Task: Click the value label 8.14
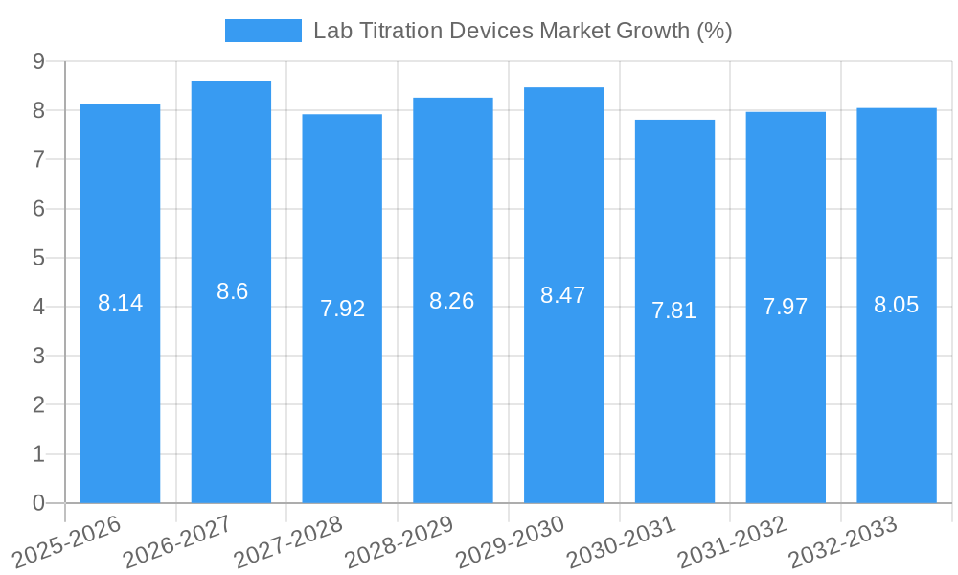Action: coord(120,303)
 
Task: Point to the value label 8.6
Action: coord(232,291)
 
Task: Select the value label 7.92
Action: coord(342,309)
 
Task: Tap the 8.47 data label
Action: coord(562,295)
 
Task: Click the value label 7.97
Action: coord(785,307)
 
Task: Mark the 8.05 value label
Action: coord(896,305)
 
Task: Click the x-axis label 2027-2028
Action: coord(287,541)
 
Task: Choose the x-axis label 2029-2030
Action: coord(509,541)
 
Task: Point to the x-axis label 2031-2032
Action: coord(731,541)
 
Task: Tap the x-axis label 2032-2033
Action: coord(842,541)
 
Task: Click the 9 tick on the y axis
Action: coord(38,61)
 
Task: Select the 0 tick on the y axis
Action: coord(38,503)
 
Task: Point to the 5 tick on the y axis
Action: coord(38,258)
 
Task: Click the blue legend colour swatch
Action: coord(262,31)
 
